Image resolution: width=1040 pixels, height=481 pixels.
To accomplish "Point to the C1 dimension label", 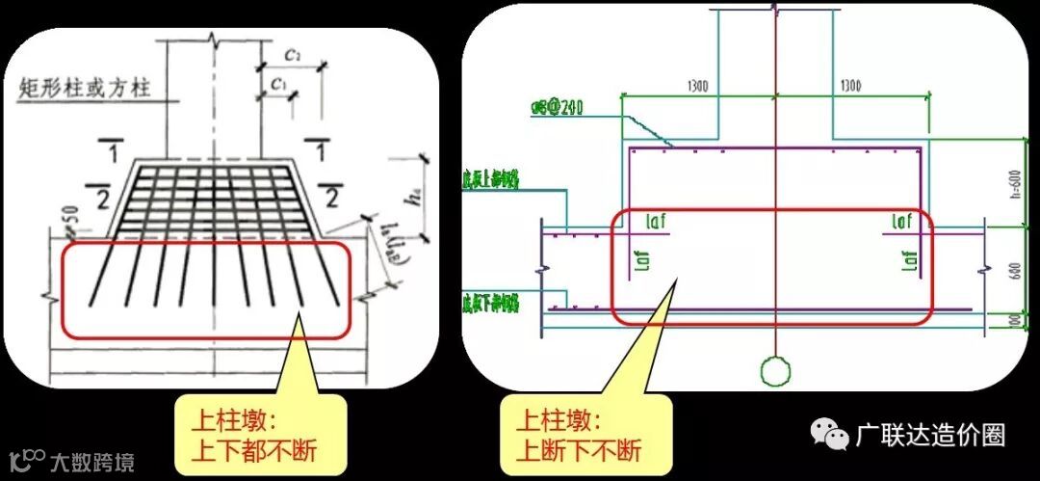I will coord(278,84).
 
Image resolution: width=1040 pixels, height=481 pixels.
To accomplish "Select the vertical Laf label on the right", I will coord(908,260).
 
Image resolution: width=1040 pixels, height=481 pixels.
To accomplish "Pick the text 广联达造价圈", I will coord(930,436).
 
